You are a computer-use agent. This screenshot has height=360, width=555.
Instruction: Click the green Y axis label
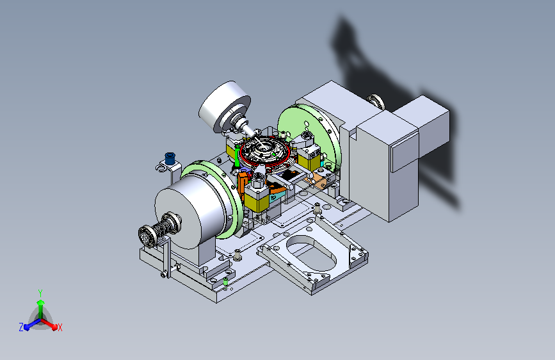click(x=40, y=293)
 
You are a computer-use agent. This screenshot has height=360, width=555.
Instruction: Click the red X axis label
click(x=60, y=328)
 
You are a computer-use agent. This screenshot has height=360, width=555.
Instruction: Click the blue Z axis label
click(x=21, y=327)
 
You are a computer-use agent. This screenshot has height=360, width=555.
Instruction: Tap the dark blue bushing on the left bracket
click(x=170, y=158)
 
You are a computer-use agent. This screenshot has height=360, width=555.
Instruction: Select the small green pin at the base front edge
click(x=225, y=281)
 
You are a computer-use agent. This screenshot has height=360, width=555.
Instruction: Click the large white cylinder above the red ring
click(x=225, y=106)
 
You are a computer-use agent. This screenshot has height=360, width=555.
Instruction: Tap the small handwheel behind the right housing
click(x=376, y=101)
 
